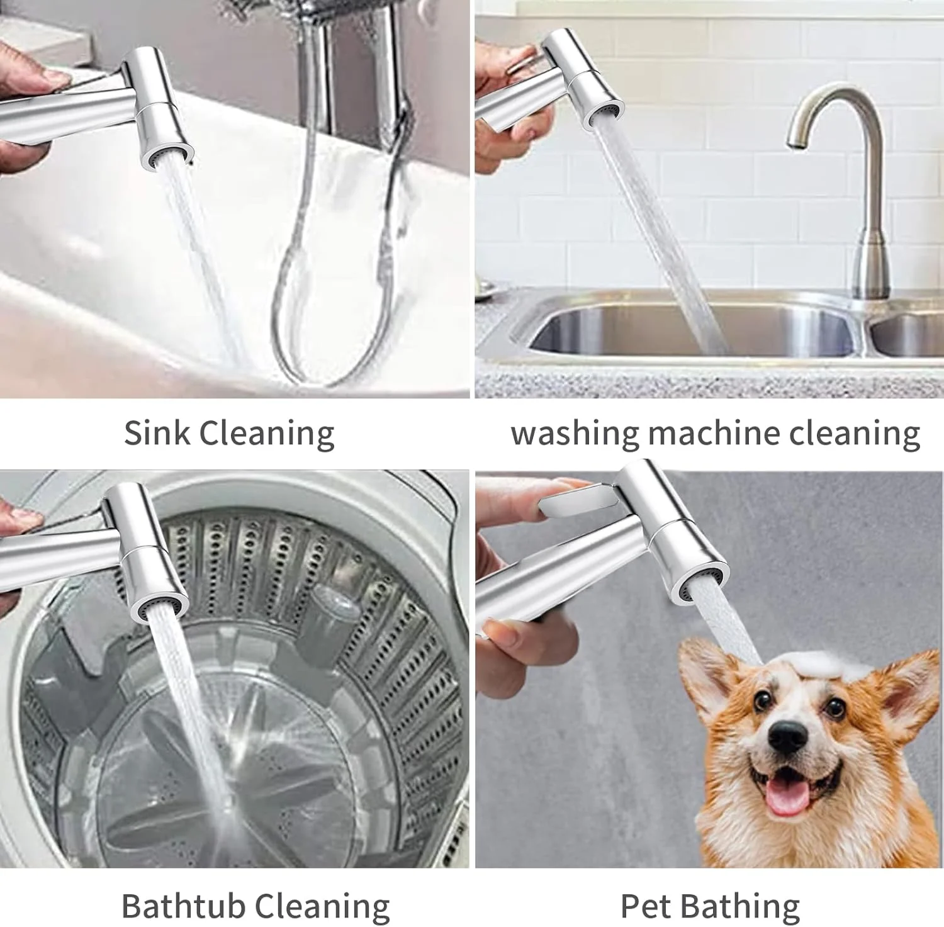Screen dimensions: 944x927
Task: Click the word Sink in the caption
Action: (157, 433)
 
